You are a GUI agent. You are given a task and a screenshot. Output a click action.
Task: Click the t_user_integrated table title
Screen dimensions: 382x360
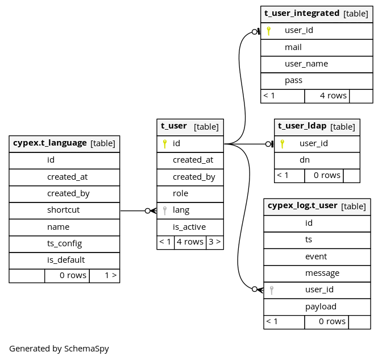(302, 13)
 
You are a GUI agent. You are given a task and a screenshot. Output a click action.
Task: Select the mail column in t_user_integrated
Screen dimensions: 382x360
(293, 47)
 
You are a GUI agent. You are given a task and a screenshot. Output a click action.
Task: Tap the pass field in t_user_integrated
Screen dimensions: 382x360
(293, 80)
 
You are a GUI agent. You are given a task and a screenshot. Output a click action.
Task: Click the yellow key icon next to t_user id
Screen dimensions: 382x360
(165, 144)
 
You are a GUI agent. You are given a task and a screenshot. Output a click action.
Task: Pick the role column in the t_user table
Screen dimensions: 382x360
(180, 193)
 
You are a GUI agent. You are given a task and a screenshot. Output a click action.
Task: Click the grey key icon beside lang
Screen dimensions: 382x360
(165, 210)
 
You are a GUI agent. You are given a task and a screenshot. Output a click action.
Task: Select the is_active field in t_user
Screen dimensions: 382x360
(189, 227)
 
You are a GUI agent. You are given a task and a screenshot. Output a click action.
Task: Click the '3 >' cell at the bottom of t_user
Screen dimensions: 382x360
(215, 242)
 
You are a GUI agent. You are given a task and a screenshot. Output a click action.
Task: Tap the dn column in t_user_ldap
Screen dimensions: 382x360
(305, 160)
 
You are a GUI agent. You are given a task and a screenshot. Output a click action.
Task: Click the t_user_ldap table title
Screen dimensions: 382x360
(302, 126)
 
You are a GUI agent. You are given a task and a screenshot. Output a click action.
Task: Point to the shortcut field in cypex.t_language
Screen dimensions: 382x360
(63, 210)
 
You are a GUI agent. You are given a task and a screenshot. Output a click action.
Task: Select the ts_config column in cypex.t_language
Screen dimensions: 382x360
(64, 243)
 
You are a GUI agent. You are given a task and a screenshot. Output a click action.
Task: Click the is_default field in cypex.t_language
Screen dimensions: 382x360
(66, 260)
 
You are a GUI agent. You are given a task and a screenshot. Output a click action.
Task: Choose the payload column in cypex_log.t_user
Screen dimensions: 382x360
(321, 307)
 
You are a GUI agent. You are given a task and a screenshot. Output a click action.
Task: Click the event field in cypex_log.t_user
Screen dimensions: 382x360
(316, 256)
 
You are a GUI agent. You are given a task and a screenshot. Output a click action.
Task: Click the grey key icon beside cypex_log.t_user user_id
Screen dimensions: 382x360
(272, 290)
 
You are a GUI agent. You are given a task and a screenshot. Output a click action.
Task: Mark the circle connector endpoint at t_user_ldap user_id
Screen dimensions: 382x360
(268, 144)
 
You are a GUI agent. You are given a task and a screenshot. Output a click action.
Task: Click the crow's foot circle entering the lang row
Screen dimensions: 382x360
(148, 211)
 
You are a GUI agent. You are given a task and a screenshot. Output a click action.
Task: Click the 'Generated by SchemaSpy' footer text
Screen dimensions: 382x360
(59, 349)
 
